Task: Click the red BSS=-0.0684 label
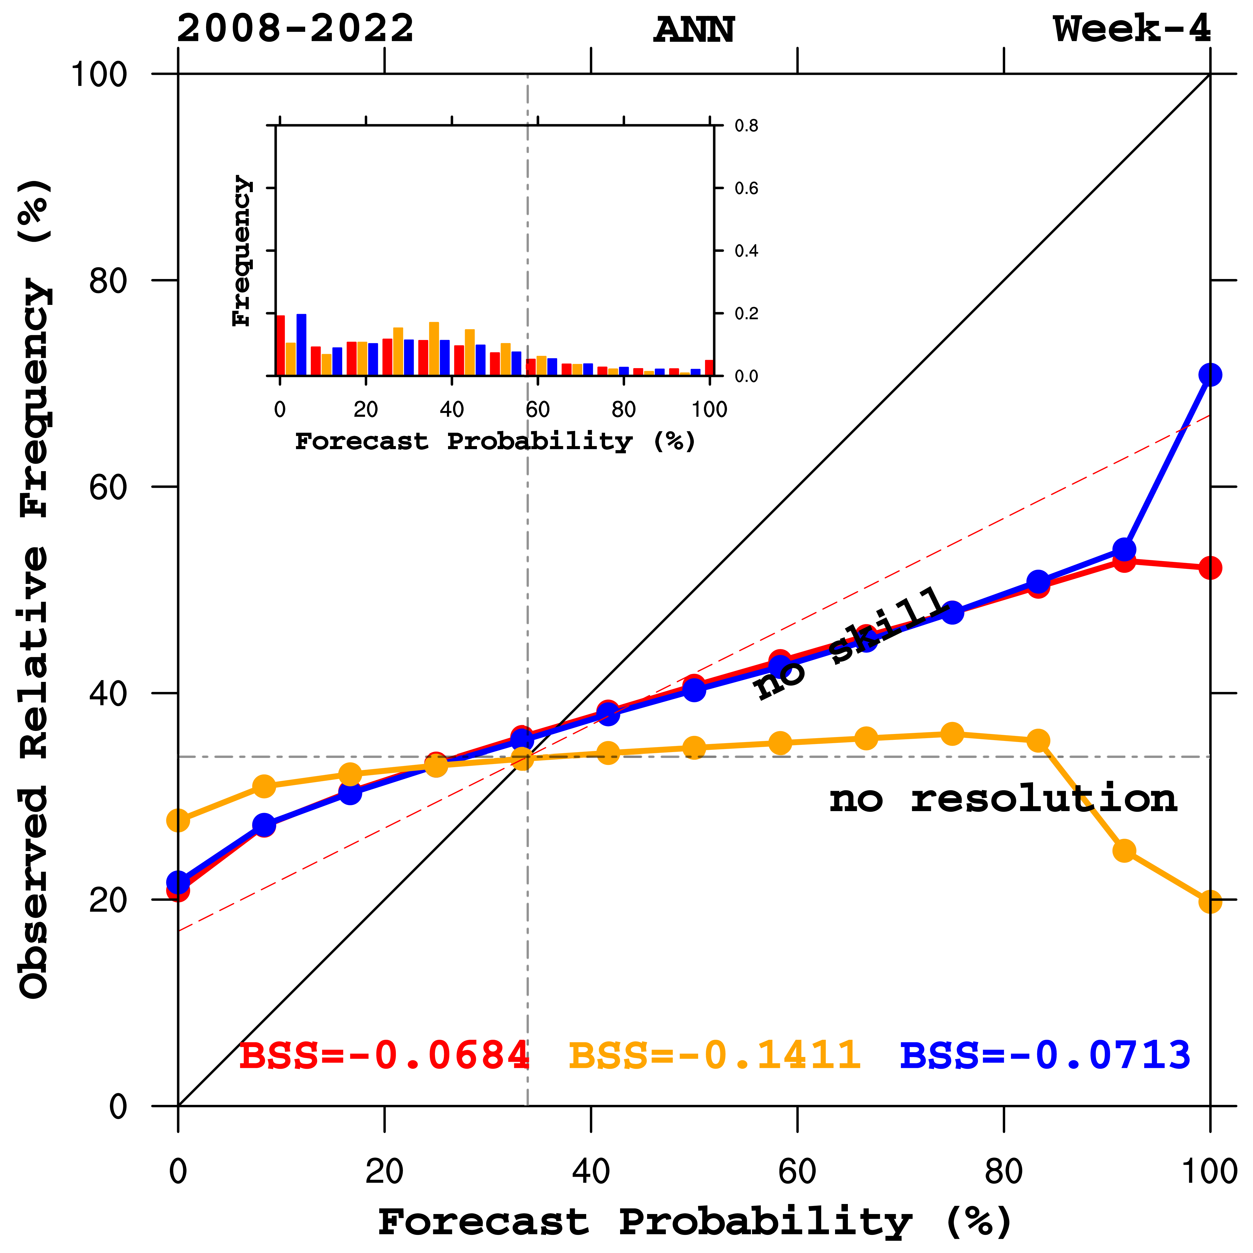click(384, 1055)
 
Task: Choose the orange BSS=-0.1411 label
click(715, 1055)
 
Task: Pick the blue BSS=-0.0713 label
click(1046, 1055)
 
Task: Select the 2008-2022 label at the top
click(295, 29)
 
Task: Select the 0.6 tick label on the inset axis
click(746, 189)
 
